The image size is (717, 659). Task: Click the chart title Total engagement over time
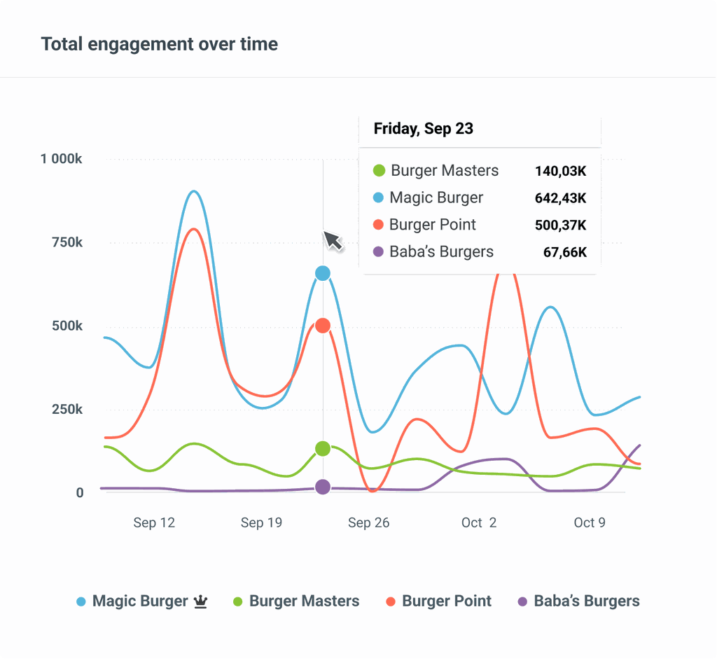pyautogui.click(x=159, y=44)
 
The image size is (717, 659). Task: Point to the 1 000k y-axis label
pyautogui.click(x=62, y=159)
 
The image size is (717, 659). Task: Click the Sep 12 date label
pyautogui.click(x=154, y=523)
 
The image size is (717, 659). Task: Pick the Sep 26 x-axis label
pyautogui.click(x=368, y=523)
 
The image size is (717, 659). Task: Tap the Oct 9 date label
pyautogui.click(x=589, y=523)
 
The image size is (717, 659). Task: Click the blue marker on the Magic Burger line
pyautogui.click(x=323, y=273)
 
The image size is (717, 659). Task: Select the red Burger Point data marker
pyautogui.click(x=323, y=326)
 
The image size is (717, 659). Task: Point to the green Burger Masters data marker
pyautogui.click(x=323, y=448)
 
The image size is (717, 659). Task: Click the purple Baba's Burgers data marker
pyautogui.click(x=323, y=487)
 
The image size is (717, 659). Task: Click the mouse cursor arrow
pyautogui.click(x=332, y=240)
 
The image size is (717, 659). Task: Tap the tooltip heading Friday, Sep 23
pyautogui.click(x=423, y=129)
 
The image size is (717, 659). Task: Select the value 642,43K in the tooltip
pyautogui.click(x=560, y=198)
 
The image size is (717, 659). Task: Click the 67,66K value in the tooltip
pyautogui.click(x=564, y=252)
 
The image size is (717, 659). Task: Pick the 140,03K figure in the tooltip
pyautogui.click(x=560, y=171)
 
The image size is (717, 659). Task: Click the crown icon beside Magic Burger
pyautogui.click(x=201, y=601)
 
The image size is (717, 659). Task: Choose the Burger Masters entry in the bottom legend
pyautogui.click(x=304, y=601)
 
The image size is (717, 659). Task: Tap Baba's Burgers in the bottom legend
pyautogui.click(x=586, y=601)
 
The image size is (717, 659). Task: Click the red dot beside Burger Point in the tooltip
pyautogui.click(x=379, y=225)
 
